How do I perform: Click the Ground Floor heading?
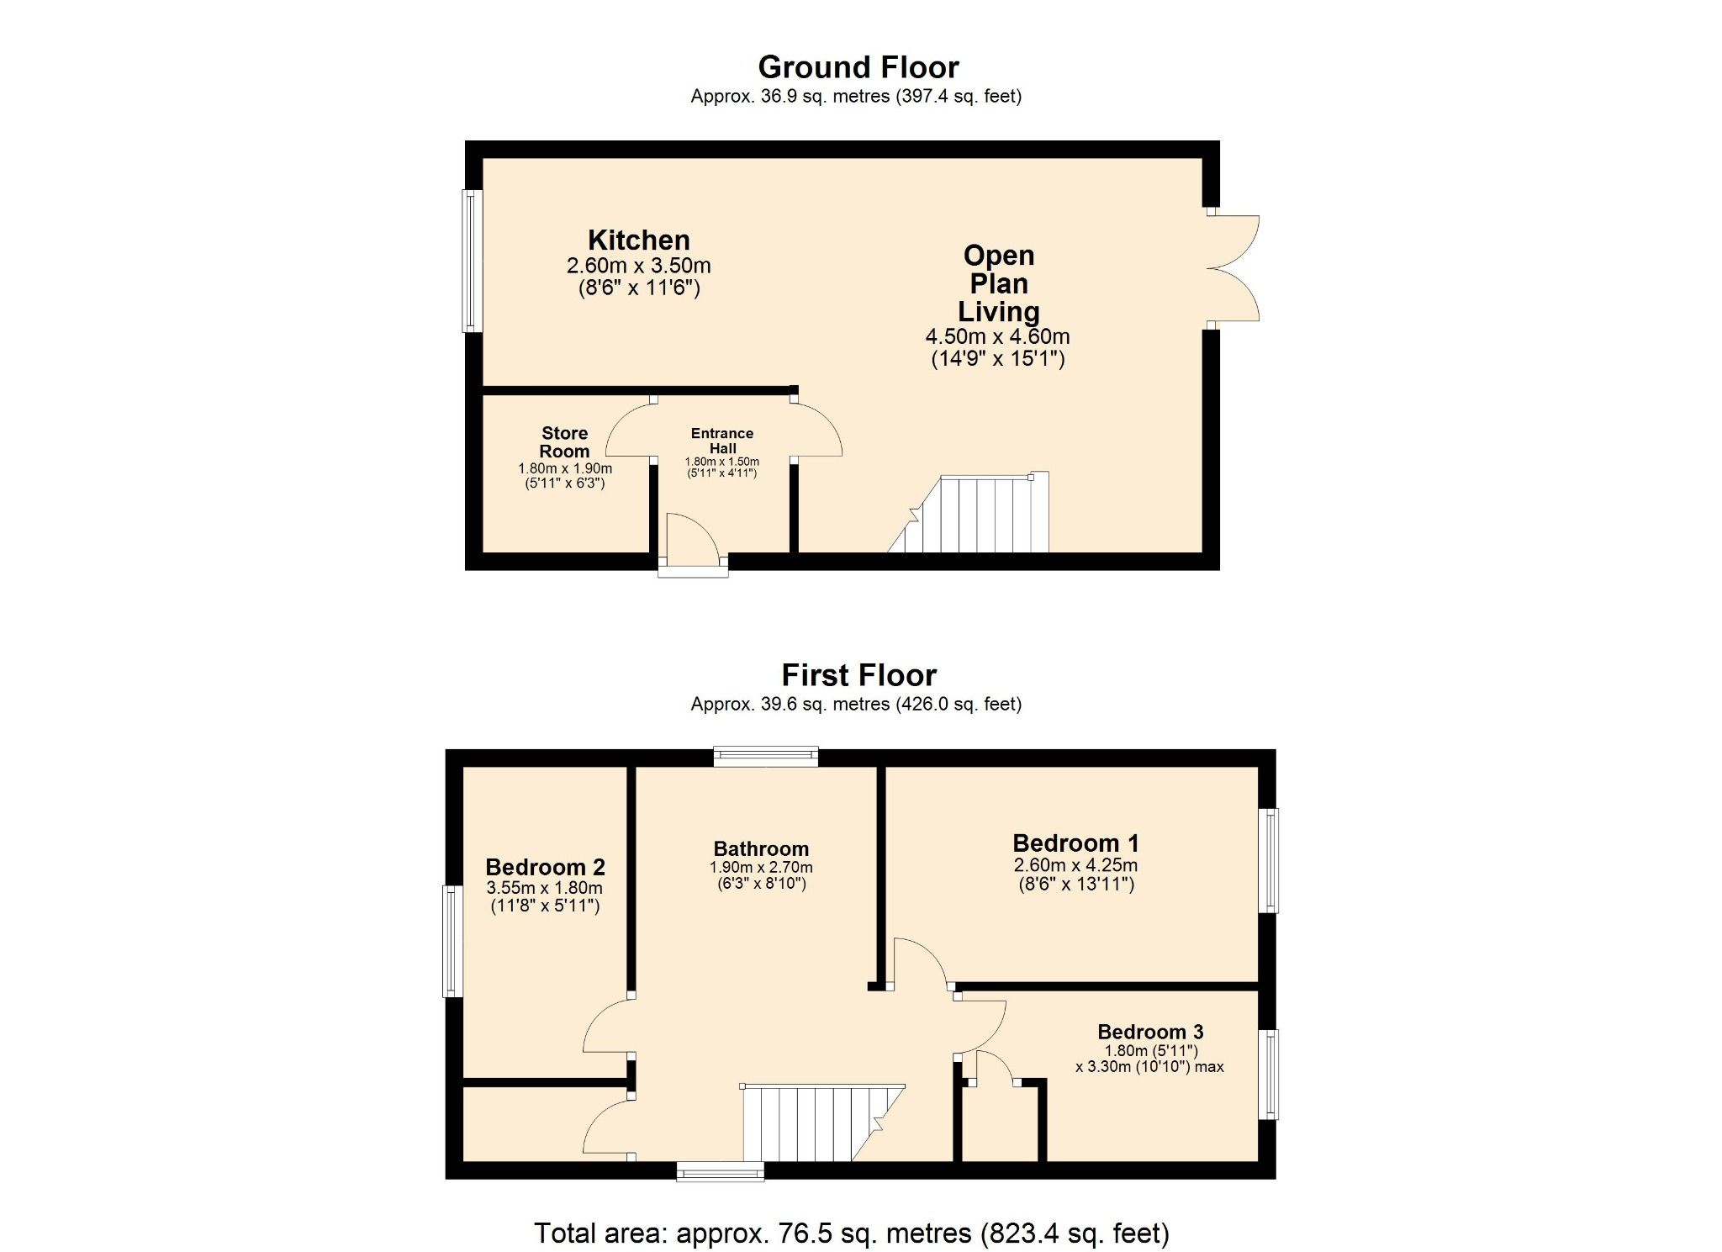858,67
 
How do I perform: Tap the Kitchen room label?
638,240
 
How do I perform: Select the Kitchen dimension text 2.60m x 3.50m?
638,266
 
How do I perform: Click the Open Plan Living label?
998,283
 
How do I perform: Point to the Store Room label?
564,441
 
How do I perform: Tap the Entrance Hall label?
722,441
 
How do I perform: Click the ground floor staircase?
984,515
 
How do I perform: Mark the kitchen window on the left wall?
473,261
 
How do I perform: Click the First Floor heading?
858,675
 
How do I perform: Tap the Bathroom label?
761,848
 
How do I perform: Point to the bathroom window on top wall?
765,756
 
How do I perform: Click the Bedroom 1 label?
1075,843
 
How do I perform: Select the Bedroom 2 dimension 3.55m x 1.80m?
544,888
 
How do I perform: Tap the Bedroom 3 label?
1150,1032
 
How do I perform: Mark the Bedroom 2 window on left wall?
453,941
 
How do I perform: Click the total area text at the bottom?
851,1233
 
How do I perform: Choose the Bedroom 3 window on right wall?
1268,1074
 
